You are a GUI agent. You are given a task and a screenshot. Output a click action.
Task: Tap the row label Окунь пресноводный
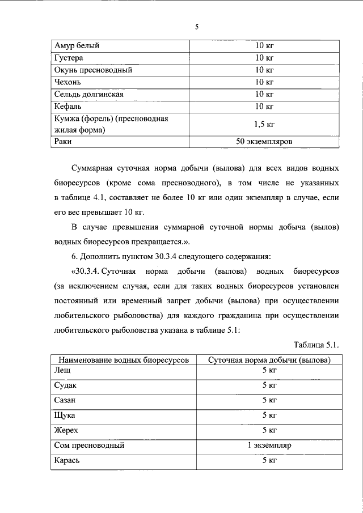(93, 70)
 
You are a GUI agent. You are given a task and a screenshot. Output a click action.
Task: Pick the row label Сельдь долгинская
(88, 94)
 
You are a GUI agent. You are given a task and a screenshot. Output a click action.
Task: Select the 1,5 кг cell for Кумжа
(264, 124)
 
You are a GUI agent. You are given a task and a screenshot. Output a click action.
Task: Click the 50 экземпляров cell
(264, 142)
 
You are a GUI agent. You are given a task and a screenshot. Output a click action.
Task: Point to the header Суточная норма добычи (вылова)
(269, 360)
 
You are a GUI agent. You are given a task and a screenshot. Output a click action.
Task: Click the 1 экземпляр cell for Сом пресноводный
(269, 446)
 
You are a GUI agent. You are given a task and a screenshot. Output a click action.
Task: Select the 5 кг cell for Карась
(269, 460)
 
